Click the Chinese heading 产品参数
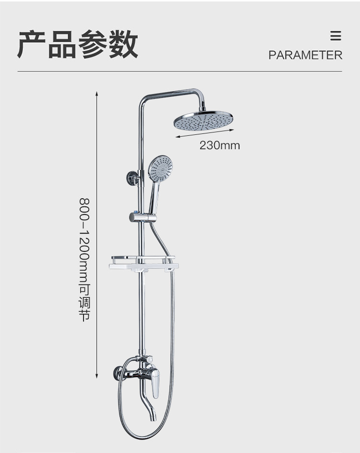click(x=78, y=44)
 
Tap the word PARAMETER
click(x=305, y=55)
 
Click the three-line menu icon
click(x=336, y=36)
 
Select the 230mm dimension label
click(x=219, y=145)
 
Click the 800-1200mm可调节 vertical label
click(x=84, y=259)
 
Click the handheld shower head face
click(x=160, y=168)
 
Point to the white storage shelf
click(x=144, y=264)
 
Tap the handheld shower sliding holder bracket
click(x=142, y=217)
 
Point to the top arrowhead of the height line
click(x=97, y=93)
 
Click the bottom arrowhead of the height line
click(x=97, y=377)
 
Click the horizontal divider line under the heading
click(x=180, y=72)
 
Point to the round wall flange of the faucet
click(x=116, y=373)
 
